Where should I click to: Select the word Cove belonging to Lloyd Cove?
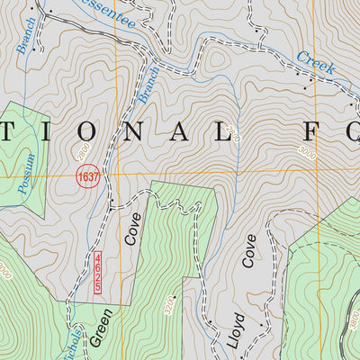(249, 255)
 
